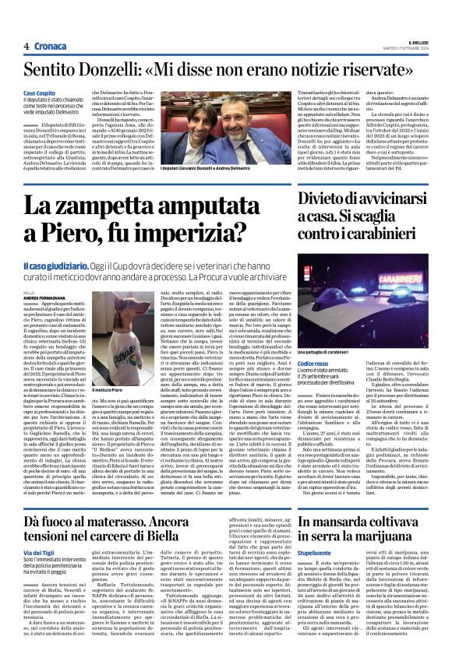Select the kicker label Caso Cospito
[39, 93]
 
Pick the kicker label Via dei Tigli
[39, 552]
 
